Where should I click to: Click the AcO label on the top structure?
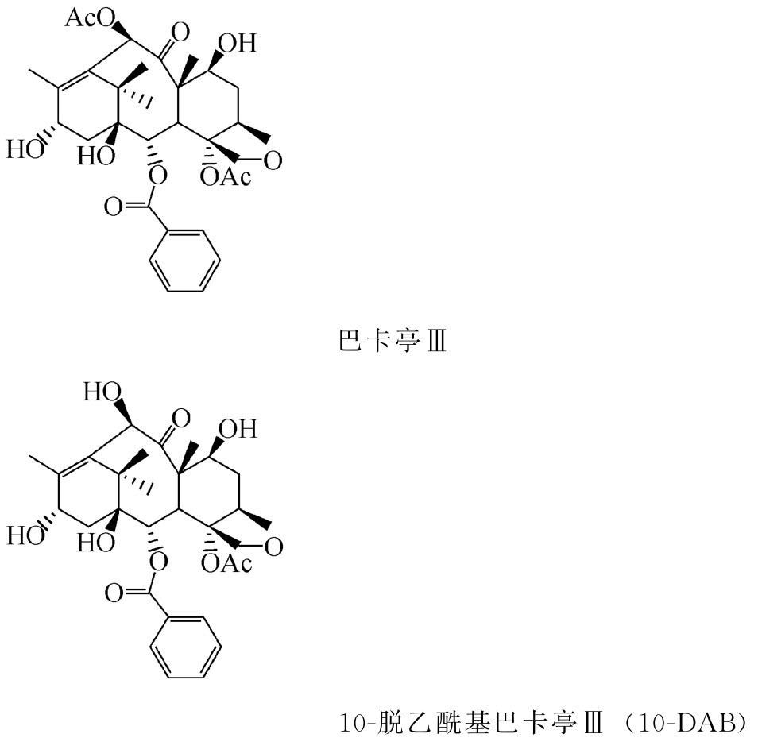(87, 18)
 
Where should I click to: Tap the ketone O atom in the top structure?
(180, 33)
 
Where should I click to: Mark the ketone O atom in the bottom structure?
(180, 418)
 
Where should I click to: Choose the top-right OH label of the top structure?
(239, 42)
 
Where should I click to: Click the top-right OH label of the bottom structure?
(239, 429)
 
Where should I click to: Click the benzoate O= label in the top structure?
(116, 208)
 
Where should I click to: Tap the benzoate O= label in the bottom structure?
(116, 594)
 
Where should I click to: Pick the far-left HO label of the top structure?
(21, 149)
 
